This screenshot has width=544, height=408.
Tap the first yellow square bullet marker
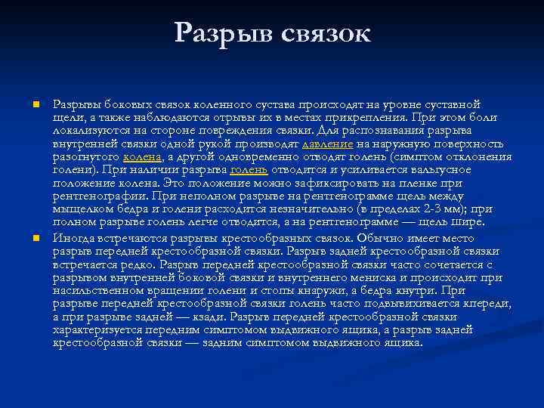(36, 104)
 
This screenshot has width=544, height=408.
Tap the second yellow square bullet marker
(36, 238)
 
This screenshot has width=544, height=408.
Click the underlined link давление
(328, 144)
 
